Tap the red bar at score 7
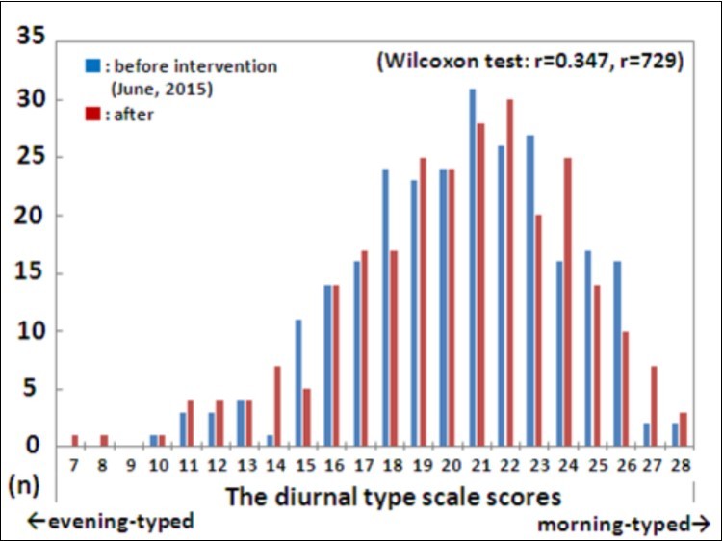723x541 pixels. [x=74, y=441]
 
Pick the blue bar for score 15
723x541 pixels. [x=298, y=383]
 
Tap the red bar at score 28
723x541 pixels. [x=683, y=429]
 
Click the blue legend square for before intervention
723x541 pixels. [x=92, y=66]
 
